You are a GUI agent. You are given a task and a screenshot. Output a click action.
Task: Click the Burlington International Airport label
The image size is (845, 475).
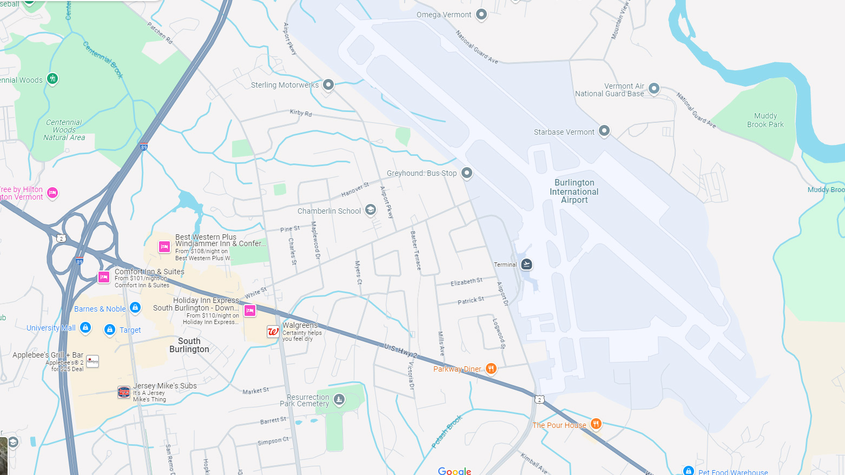(574, 192)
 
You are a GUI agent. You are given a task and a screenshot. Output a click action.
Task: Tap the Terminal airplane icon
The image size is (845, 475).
(526, 264)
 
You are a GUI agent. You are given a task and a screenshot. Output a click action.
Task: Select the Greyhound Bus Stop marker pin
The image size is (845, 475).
(467, 173)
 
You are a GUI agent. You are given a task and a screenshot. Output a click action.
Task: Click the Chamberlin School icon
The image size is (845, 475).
(370, 210)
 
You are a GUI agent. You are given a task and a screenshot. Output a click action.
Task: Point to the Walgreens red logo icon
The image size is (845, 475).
(273, 332)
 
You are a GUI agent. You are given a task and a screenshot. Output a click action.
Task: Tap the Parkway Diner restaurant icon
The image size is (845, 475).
(491, 368)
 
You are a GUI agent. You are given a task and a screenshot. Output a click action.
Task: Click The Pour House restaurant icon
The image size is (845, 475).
(596, 424)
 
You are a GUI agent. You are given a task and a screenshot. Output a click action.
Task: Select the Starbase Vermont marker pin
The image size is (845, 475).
(604, 131)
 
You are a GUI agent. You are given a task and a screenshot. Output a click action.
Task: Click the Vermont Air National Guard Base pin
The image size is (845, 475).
(654, 88)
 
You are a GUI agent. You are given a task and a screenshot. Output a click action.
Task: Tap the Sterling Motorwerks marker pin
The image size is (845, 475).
(328, 84)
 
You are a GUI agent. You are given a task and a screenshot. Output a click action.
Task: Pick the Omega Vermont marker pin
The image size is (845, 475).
(481, 14)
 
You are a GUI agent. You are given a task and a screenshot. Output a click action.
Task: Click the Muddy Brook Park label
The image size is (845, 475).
(765, 120)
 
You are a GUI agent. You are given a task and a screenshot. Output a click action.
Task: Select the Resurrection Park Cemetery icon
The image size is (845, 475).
(339, 399)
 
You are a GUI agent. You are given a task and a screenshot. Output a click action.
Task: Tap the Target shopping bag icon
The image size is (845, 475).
(110, 329)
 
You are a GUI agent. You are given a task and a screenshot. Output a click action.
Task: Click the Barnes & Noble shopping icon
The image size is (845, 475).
(135, 308)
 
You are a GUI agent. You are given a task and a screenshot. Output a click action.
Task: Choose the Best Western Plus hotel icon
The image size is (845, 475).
(164, 247)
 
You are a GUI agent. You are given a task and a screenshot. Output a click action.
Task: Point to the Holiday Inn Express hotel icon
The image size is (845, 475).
(250, 311)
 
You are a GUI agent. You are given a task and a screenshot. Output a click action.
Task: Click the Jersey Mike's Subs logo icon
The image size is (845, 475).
(124, 392)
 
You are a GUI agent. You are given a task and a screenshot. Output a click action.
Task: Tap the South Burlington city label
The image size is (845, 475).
(189, 345)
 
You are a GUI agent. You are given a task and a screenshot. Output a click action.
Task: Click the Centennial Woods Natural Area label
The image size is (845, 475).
(64, 130)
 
